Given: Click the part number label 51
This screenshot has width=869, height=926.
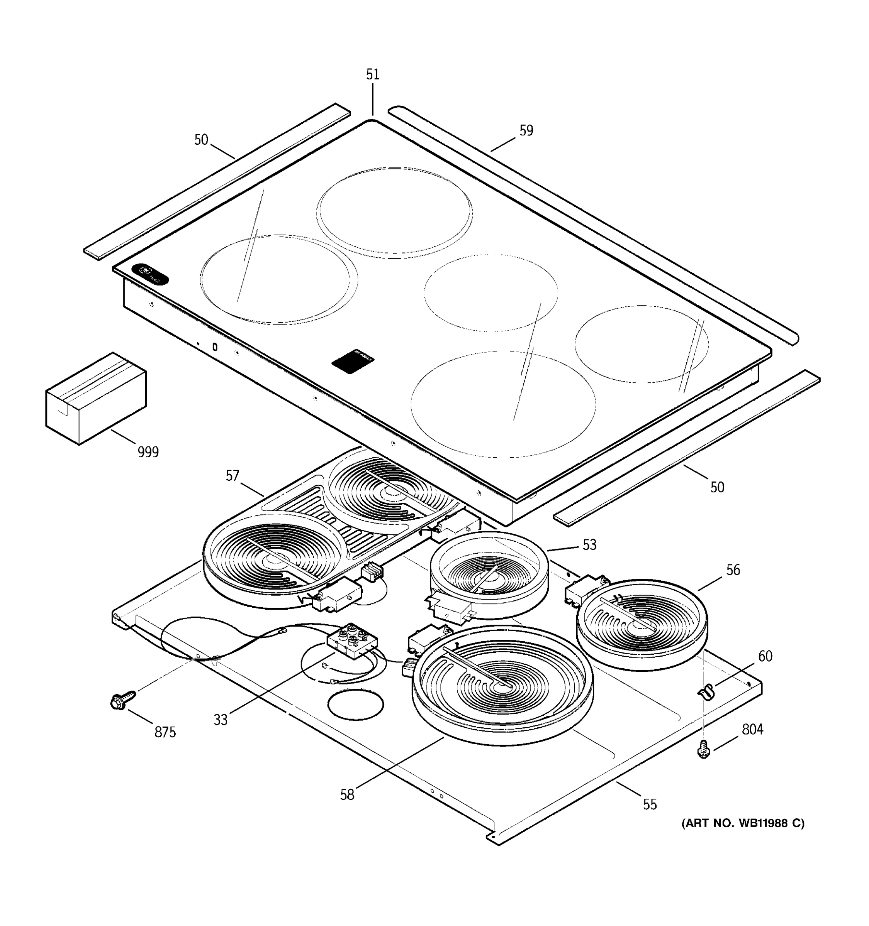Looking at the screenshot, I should pyautogui.click(x=372, y=74).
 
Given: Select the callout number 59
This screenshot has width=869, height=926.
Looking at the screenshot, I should pyautogui.click(x=526, y=130).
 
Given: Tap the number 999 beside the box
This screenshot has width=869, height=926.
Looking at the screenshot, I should pyautogui.click(x=148, y=452).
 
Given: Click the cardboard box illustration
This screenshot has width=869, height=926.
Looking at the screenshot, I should pyautogui.click(x=95, y=399).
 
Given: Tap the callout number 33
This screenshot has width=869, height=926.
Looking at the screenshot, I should pyautogui.click(x=221, y=720).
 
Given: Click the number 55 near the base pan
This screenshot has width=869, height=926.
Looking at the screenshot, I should pyautogui.click(x=650, y=804).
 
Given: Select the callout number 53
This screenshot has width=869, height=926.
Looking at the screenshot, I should pyautogui.click(x=589, y=544).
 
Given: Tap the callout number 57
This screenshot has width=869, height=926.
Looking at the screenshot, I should pyautogui.click(x=232, y=476).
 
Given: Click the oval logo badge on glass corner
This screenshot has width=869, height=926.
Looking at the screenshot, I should pyautogui.click(x=150, y=274).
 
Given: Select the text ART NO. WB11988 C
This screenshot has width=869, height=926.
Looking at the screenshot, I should pyautogui.click(x=743, y=823).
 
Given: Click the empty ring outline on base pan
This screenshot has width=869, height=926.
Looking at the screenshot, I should pyautogui.click(x=356, y=705).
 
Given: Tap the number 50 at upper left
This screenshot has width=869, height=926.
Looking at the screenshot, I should pyautogui.click(x=201, y=140).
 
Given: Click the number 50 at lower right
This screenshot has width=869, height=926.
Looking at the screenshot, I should pyautogui.click(x=717, y=487).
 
